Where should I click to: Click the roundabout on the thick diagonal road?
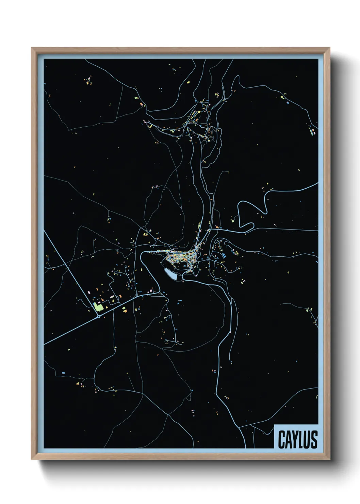(x=98, y=316)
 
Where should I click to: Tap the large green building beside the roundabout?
(x=98, y=307)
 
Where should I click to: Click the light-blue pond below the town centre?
(x=171, y=274)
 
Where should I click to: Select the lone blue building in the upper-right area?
(x=288, y=102)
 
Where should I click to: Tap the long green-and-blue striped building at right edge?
(x=311, y=131)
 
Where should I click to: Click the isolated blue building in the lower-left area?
(x=63, y=373)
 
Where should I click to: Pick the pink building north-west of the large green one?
(x=89, y=292)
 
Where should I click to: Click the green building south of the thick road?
(x=124, y=309)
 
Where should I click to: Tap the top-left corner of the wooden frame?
(x=32, y=48)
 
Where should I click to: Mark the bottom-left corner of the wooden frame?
(x=32, y=459)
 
